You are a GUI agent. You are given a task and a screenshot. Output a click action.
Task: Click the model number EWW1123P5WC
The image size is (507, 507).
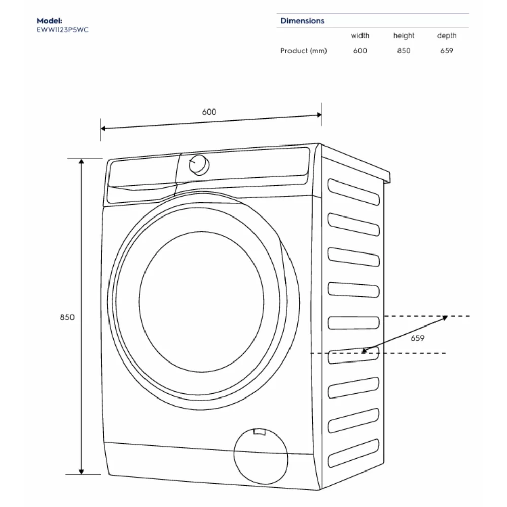coord(62,30)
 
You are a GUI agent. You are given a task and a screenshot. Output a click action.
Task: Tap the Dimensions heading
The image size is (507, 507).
coord(302,21)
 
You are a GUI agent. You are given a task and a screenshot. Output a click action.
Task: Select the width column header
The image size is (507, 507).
coord(360,35)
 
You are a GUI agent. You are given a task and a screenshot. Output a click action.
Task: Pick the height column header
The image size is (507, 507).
coord(404,35)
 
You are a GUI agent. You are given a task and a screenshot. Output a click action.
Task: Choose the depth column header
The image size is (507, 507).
coord(447,35)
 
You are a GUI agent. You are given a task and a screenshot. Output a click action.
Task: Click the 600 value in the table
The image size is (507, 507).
coord(360,51)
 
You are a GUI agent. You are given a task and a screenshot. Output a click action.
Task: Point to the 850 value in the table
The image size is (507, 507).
coord(404,51)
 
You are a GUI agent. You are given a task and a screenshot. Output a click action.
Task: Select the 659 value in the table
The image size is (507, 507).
coord(447,51)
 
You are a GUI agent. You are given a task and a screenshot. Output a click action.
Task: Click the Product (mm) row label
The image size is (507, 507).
coord(304,51)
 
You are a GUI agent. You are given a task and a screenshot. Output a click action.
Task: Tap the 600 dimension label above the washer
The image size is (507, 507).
coord(209,112)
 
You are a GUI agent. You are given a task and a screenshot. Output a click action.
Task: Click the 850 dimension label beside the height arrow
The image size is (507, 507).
coord(67,317)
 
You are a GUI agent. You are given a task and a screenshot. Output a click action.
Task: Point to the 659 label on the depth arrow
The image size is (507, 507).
coord(417,338)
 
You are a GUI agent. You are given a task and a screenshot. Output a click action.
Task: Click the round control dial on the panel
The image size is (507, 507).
coord(199,165)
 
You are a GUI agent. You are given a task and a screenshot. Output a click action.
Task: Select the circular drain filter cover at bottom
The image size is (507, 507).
coord(261,456)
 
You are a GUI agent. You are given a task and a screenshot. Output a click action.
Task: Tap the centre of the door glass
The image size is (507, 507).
coord(201,302)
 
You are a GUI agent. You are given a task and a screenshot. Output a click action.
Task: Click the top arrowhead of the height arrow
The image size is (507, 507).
coord(81,161)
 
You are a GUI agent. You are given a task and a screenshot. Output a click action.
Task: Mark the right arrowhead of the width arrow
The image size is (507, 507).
coord(319,115)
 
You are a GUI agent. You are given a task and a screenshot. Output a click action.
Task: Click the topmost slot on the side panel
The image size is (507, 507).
coord(353,192)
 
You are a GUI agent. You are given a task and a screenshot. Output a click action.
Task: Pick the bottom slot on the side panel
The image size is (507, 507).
coord(353,453)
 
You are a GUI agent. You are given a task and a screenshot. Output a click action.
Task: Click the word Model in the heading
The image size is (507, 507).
coord(49,21)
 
